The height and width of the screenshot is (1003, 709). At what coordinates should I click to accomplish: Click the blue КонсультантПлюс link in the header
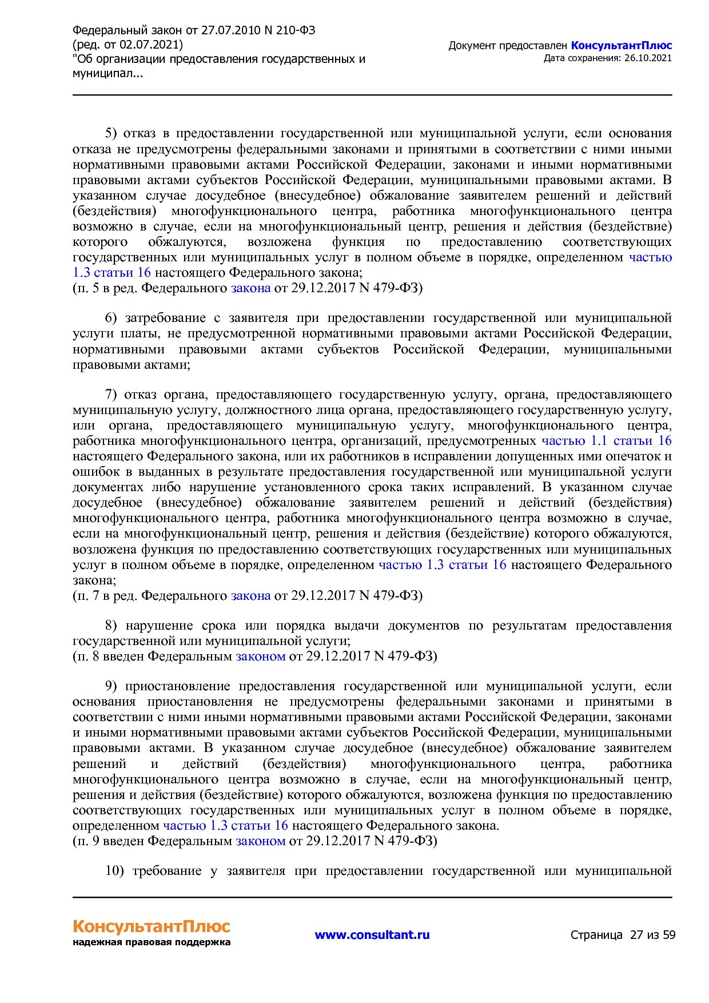pyautogui.click(x=621, y=46)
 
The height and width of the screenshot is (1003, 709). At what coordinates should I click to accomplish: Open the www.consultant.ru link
pyautogui.click(x=372, y=935)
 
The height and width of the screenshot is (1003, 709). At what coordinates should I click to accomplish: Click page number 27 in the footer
pyautogui.click(x=636, y=935)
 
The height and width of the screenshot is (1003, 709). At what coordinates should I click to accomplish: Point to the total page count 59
pyautogui.click(x=669, y=935)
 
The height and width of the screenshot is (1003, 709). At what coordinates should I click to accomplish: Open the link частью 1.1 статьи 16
pyautogui.click(x=606, y=441)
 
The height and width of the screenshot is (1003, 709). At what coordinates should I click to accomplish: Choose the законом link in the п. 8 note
pyautogui.click(x=260, y=656)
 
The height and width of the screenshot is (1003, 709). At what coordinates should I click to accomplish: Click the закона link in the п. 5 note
pyautogui.click(x=250, y=288)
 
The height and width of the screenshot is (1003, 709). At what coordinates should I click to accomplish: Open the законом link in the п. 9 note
pyautogui.click(x=260, y=841)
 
